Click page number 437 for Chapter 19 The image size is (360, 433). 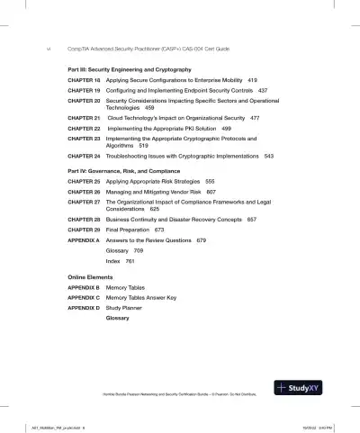tap(262, 91)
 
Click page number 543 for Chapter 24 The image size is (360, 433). tap(268, 156)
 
